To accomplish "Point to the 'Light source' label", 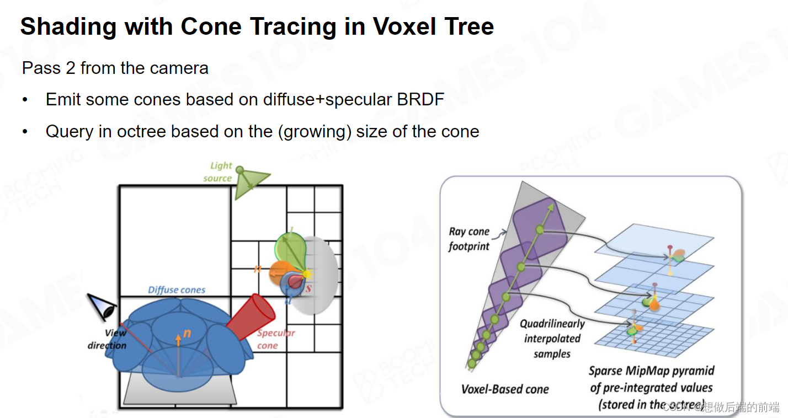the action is [x=219, y=172].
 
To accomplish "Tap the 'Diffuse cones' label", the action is [x=177, y=290].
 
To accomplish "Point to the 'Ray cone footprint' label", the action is [x=469, y=239].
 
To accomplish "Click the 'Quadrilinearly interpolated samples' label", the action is [x=552, y=338].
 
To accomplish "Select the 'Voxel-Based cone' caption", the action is [x=505, y=389].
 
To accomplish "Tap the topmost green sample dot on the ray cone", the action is [x=540, y=229].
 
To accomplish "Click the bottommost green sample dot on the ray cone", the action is [x=472, y=363].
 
